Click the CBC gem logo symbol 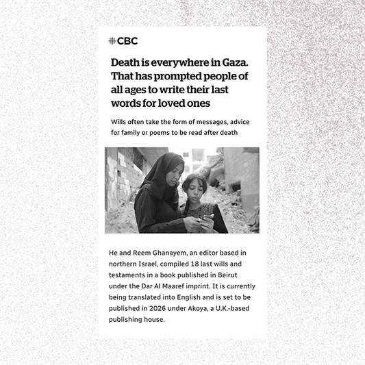(x=112, y=41)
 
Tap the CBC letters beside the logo (x=127, y=41)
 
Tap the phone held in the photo (x=207, y=218)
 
